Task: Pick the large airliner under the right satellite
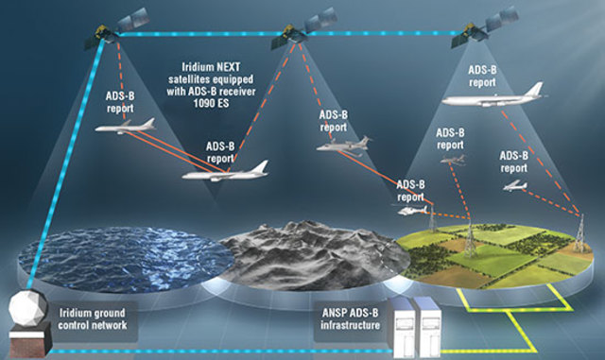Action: pyautogui.click(x=493, y=97)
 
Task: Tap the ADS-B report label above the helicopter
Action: pyautogui.click(x=415, y=189)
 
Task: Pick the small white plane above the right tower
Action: pyautogui.click(x=515, y=185)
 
